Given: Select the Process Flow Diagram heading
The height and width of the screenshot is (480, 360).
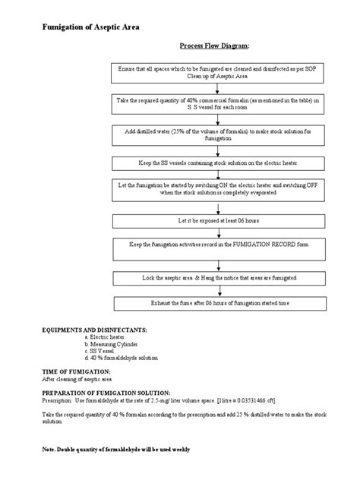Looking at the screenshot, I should click(213, 46).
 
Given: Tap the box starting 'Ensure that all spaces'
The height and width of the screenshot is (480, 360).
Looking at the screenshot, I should click(216, 72).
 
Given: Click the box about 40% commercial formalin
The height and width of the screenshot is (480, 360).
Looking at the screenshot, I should click(216, 103).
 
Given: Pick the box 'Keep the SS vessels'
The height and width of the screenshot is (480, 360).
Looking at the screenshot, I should click(216, 163).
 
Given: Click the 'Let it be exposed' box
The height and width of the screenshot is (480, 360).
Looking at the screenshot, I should click(216, 220).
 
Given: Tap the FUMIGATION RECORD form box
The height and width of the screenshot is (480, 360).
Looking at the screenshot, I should click(216, 248).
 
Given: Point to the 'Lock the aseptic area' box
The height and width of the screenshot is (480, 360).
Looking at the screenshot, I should click(216, 279).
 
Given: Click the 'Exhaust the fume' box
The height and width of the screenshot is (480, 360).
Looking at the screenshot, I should click(216, 303).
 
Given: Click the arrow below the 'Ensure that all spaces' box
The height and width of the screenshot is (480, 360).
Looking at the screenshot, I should click(216, 87).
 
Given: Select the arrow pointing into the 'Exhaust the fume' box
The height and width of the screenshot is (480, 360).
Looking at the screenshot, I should click(216, 292).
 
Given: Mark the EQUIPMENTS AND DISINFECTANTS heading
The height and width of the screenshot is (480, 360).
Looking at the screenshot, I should click(94, 331).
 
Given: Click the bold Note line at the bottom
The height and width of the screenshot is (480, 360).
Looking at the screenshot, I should click(115, 450).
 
